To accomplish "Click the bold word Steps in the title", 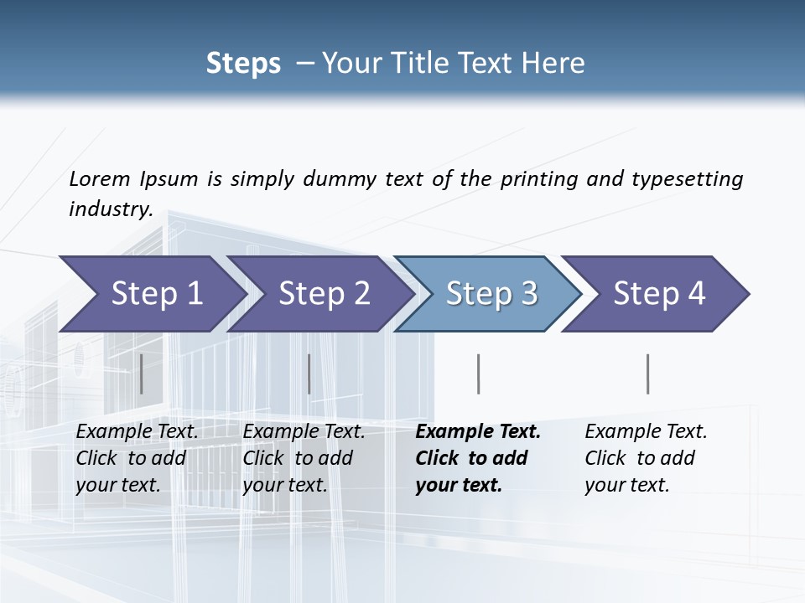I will [x=243, y=64].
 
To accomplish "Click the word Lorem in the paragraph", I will [x=100, y=178].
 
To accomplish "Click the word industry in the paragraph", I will [x=110, y=209].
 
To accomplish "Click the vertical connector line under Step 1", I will [x=142, y=374].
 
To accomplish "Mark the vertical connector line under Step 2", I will [x=309, y=374].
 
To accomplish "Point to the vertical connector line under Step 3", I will [x=479, y=374].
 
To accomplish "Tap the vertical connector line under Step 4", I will [x=648, y=374].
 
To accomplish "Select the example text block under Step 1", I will [x=137, y=458].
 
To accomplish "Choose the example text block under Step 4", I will [x=646, y=458].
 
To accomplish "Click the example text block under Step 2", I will [x=304, y=458].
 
